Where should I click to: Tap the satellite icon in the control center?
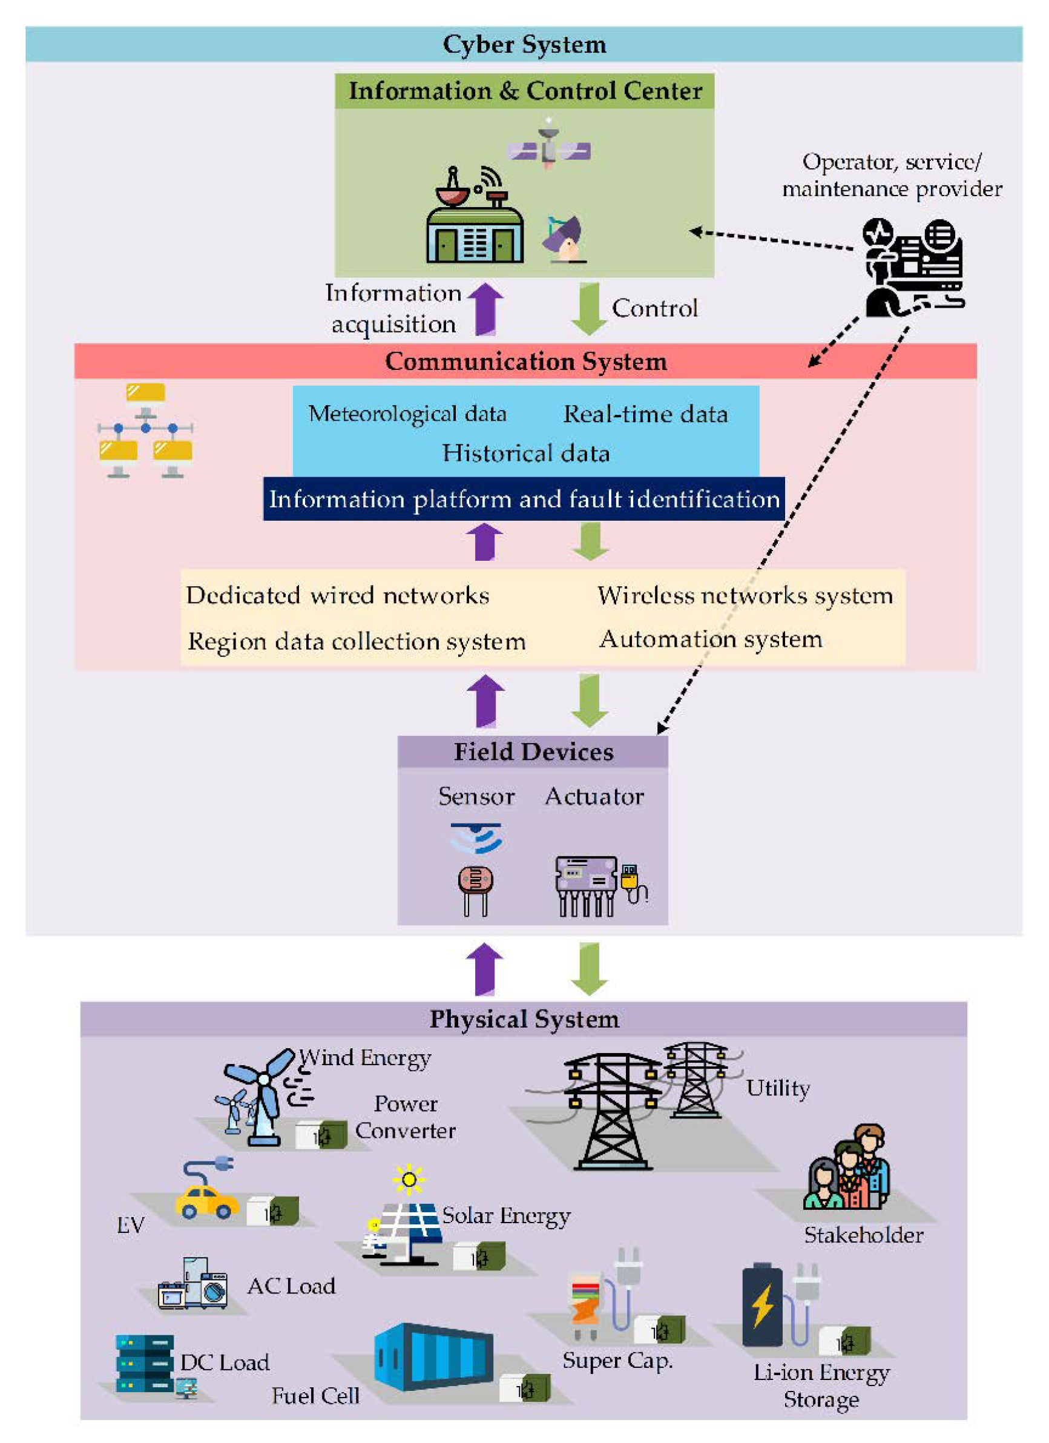[548, 147]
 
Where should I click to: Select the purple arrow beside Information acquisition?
[485, 309]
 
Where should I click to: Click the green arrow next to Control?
[589, 309]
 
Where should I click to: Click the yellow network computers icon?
[146, 431]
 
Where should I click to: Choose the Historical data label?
[525, 454]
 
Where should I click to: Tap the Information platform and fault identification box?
[524, 500]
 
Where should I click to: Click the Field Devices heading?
[533, 752]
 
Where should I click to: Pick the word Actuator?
[594, 796]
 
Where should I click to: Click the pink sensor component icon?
[475, 890]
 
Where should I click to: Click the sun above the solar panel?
[409, 1180]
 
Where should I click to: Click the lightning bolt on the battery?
[763, 1306]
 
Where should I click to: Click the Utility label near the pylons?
[778, 1089]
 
